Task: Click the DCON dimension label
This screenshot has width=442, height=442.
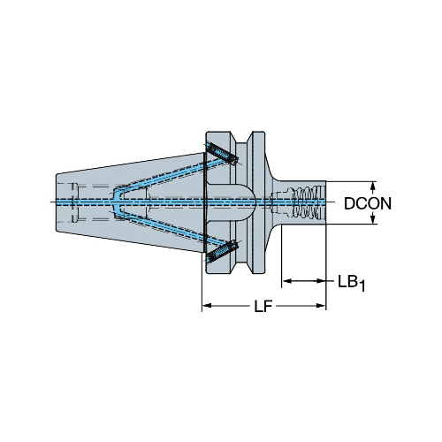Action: pos(368,203)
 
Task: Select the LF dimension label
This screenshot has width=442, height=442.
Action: pos(263,306)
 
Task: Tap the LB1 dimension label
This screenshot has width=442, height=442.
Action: pos(351,283)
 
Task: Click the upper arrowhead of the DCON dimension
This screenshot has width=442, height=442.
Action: pos(373,186)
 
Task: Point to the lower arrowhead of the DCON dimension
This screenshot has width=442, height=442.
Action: pos(373,219)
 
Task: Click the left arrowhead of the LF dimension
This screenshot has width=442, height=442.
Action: pos(207,306)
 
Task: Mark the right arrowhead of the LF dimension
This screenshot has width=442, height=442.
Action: pos(321,306)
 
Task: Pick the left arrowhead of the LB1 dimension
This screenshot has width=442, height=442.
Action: pos(286,281)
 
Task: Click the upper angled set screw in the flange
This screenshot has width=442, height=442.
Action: pos(222,154)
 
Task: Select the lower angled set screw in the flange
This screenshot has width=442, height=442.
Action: pos(222,251)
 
